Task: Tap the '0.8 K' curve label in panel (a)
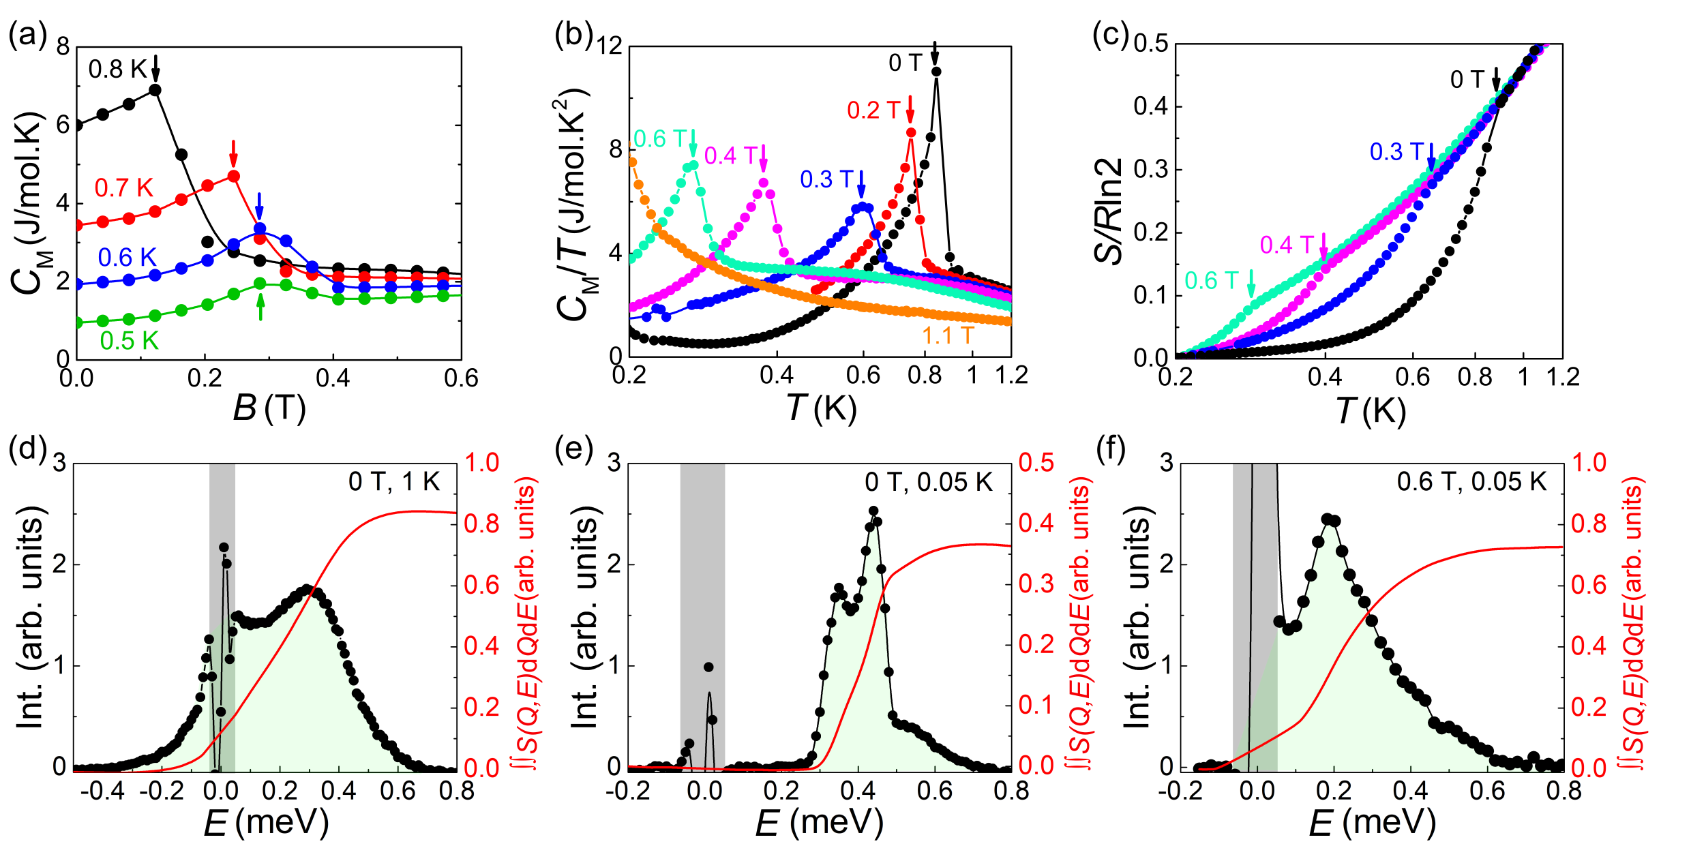coord(117,69)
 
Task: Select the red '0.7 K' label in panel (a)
coord(123,187)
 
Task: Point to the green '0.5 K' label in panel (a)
coord(129,340)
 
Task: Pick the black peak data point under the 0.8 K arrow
coord(155,89)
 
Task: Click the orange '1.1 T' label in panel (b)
coord(947,335)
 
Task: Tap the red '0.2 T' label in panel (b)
coord(873,110)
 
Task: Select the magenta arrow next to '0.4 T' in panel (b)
coord(764,158)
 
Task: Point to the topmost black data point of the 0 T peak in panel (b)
coord(936,72)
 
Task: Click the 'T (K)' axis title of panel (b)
coord(821,408)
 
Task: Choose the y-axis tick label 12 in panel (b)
coord(610,46)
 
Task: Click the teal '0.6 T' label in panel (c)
coord(1211,280)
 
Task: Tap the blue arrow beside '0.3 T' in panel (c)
coord(1431,156)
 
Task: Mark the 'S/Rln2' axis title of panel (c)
coord(1109,211)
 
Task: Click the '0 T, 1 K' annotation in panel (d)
coord(394,482)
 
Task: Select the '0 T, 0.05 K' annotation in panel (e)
coord(929,482)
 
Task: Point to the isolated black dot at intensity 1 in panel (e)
coord(708,667)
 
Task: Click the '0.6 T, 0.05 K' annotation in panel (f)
coord(1471,482)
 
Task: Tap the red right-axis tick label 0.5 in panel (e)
coord(1036,463)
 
